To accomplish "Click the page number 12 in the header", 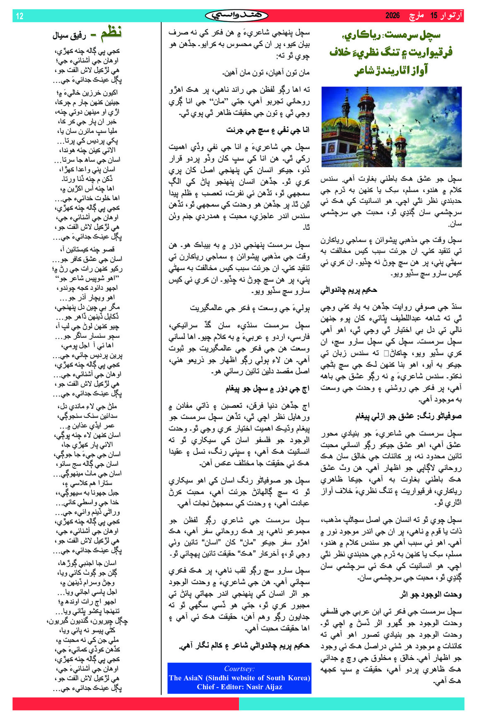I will click(x=19, y=16).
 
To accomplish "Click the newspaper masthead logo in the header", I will click(x=237, y=15).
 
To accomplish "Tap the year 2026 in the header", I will click(x=392, y=16).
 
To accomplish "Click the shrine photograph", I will click(x=391, y=127).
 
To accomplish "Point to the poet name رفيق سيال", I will click(x=69, y=36).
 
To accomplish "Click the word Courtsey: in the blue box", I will click(x=239, y=669).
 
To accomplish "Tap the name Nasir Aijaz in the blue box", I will click(x=264, y=687).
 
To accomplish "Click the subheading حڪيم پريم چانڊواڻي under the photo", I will click(x=349, y=290).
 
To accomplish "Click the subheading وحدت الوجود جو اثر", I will click(x=431, y=594).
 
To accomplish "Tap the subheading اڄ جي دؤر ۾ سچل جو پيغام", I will click(x=267, y=389).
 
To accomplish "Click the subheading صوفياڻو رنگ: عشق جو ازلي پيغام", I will click(x=408, y=416).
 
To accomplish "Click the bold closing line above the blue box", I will click(x=244, y=645).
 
